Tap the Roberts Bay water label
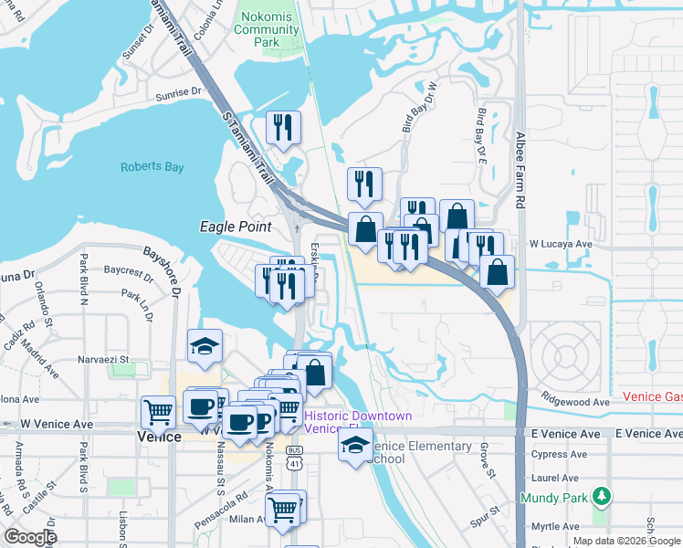click(152, 167)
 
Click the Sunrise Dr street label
click(177, 92)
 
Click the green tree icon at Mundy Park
click(601, 497)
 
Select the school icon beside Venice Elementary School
click(354, 446)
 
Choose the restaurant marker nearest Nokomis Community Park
click(283, 127)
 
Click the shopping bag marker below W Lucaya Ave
click(497, 271)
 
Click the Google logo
click(30, 537)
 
